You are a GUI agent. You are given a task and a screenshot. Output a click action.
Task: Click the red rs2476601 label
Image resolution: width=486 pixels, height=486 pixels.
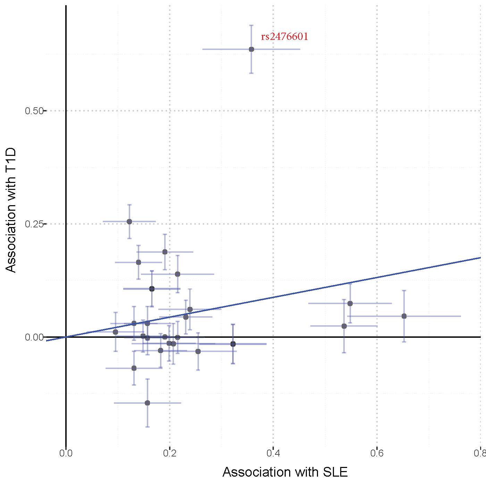click(x=284, y=37)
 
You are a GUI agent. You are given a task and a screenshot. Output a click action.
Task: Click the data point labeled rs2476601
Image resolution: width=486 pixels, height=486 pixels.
click(x=251, y=49)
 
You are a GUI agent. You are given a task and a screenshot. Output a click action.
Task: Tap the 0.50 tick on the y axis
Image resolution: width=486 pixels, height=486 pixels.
click(x=34, y=111)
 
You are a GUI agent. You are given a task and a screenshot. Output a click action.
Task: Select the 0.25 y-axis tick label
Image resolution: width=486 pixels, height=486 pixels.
click(x=34, y=224)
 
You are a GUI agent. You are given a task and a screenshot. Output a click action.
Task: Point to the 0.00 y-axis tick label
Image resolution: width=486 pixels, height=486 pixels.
click(x=34, y=337)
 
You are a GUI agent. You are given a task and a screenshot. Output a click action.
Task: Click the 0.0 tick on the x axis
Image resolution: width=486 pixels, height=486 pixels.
click(x=66, y=453)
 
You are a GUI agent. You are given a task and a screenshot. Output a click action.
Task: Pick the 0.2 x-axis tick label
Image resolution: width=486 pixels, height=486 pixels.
click(x=169, y=453)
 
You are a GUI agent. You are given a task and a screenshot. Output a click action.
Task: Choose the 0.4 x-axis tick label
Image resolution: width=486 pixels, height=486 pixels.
click(x=273, y=453)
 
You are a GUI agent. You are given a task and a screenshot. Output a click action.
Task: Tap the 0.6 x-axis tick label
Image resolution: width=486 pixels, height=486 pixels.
click(x=377, y=453)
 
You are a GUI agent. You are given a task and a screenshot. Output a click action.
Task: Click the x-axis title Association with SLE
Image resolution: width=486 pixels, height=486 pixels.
click(x=285, y=472)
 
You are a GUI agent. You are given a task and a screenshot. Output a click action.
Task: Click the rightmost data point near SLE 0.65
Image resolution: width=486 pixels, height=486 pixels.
click(x=404, y=316)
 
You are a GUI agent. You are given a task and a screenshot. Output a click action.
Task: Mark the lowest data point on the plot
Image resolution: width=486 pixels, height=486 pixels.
click(x=147, y=403)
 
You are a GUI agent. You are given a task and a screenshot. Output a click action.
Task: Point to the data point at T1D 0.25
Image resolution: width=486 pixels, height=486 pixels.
click(x=129, y=221)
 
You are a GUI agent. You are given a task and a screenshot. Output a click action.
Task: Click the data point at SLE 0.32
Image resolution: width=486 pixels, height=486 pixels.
click(x=233, y=344)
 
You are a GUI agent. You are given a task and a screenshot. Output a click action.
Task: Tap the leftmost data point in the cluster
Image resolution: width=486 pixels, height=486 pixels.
click(x=115, y=332)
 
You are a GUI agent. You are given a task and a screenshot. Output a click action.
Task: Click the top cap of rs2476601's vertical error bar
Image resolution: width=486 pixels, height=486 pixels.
click(x=251, y=25)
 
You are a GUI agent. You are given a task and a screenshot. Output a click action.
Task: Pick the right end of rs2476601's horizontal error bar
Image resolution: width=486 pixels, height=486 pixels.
click(x=300, y=49)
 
